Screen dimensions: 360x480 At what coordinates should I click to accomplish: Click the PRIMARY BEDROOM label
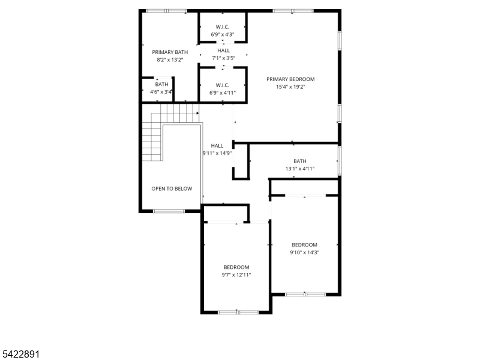point(290,79)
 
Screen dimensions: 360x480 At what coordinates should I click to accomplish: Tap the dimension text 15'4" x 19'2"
point(290,86)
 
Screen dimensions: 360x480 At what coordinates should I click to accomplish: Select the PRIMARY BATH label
point(170,52)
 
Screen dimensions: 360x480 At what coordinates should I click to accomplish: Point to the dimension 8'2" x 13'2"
point(170,59)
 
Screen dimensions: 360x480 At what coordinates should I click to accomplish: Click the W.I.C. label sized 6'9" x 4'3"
point(223,27)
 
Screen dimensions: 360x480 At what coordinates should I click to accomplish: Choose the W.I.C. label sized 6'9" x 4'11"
point(223,85)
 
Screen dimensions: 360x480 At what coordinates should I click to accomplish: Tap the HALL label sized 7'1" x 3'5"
point(223,50)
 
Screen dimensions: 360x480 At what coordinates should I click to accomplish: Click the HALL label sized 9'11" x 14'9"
point(217,145)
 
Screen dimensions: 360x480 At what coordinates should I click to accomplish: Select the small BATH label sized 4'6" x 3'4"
point(162,85)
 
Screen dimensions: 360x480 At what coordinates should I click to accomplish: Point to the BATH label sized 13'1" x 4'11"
point(300,161)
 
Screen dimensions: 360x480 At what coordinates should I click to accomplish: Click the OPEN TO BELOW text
point(172,188)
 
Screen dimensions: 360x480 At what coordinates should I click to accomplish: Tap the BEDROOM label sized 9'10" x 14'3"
point(305,244)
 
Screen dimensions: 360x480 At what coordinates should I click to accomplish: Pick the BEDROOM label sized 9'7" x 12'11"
point(236,267)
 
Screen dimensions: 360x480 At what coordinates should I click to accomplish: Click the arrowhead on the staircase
point(197,112)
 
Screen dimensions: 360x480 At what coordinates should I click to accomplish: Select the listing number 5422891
point(21,355)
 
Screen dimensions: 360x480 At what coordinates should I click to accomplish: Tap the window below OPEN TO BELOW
point(169,211)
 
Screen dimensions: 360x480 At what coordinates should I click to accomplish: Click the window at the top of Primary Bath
point(166,11)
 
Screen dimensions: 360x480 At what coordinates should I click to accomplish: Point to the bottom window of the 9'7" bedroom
point(238,312)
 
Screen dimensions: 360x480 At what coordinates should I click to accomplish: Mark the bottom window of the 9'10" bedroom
point(305,294)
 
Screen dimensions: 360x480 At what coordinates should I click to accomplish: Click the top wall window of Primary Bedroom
point(293,11)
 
